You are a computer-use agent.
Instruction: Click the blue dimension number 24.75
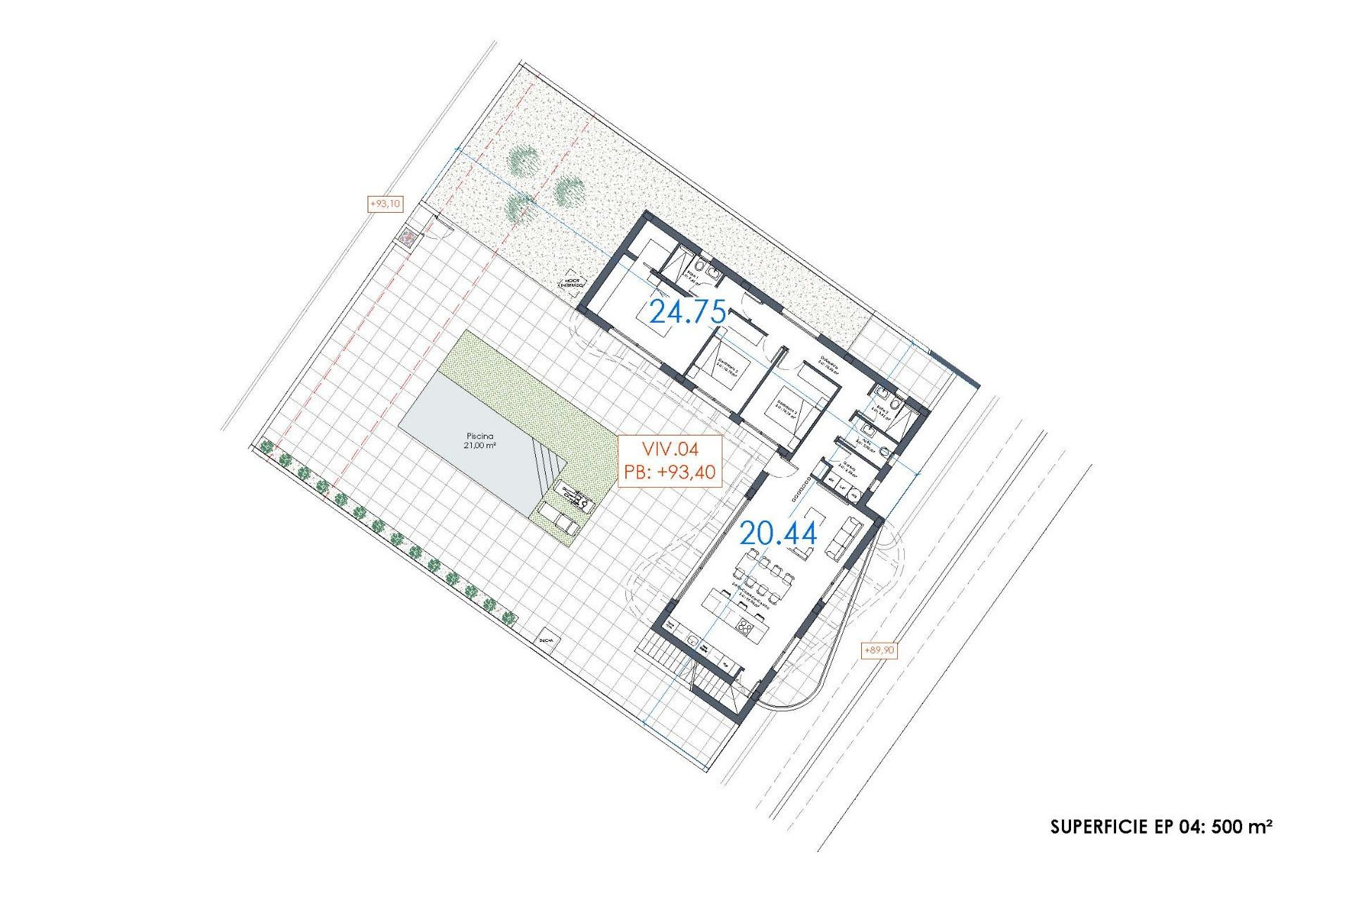687,311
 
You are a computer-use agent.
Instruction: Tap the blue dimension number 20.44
778,533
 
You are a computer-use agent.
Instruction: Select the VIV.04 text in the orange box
670,449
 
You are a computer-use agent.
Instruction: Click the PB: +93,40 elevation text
670,472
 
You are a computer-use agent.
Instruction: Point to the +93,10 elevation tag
385,204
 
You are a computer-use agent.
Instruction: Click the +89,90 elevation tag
879,650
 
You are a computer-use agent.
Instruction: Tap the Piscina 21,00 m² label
480,440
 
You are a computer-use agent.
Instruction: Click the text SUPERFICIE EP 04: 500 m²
1160,827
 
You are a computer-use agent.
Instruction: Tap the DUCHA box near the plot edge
546,641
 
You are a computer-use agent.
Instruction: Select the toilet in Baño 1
713,272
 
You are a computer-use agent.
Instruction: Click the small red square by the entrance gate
408,237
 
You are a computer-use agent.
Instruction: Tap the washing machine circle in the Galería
855,496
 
